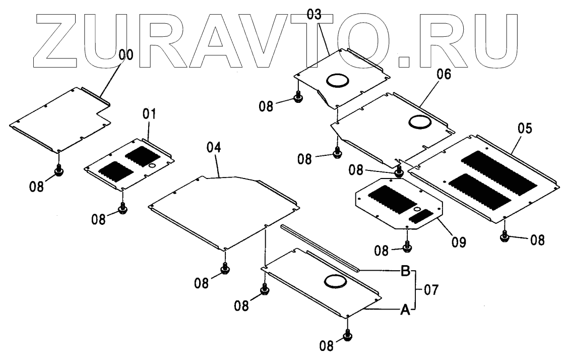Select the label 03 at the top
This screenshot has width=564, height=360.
click(x=314, y=15)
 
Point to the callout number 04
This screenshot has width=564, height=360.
click(x=214, y=149)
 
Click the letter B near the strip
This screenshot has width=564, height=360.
click(x=405, y=271)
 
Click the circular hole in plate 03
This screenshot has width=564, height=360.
click(x=337, y=80)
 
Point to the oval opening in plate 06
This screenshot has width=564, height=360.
click(x=419, y=122)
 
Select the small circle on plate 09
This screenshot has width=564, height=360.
click(x=417, y=209)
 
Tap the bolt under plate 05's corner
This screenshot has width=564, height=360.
click(x=505, y=236)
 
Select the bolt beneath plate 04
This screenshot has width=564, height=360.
click(x=225, y=269)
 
